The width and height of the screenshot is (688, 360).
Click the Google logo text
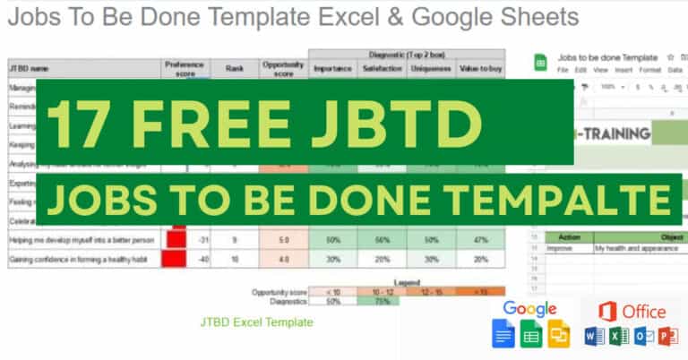530,309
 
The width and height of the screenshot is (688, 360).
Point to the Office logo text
634,311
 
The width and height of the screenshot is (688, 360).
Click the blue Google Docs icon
503,334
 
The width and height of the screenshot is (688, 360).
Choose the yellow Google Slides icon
560,334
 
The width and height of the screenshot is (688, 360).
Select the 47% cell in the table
480,241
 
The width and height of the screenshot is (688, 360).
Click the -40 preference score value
204,260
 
